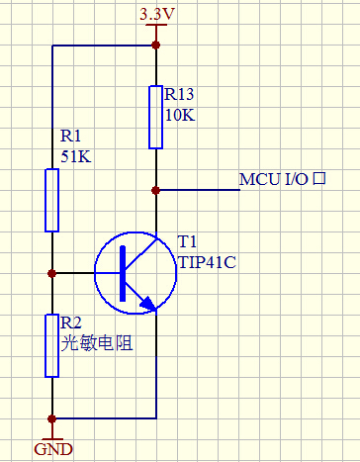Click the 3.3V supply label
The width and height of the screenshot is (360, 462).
click(154, 15)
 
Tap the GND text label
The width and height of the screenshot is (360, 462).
click(53, 448)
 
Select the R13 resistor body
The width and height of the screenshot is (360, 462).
click(155, 117)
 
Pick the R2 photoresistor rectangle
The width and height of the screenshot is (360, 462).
click(51, 345)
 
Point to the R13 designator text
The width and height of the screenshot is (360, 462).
click(179, 95)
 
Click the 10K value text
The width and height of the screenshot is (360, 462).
click(179, 115)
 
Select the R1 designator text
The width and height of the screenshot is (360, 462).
click(72, 136)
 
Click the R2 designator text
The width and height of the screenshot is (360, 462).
click(72, 323)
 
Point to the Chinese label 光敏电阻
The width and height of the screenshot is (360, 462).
click(96, 343)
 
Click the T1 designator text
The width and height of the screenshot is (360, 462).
click(188, 242)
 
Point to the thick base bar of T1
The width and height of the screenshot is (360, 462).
click(121, 272)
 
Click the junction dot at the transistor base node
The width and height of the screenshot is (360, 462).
click(51, 272)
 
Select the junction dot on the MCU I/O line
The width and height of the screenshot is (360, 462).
click(155, 189)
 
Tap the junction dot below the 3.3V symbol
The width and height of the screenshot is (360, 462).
click(155, 46)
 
